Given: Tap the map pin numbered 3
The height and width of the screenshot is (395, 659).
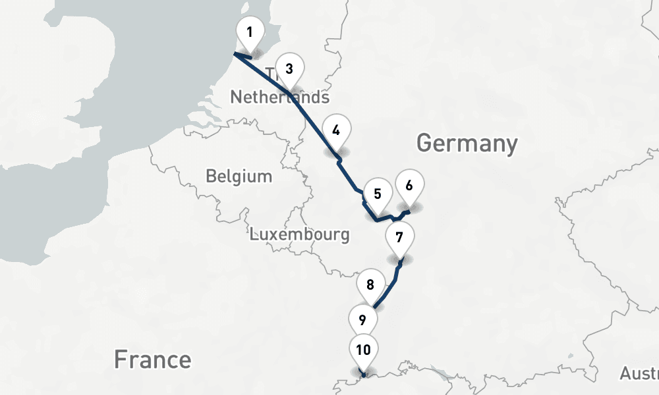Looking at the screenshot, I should point(289,70).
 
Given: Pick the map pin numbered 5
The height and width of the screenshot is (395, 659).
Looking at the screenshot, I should point(378,196).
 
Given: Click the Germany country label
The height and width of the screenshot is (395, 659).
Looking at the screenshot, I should point(467,143).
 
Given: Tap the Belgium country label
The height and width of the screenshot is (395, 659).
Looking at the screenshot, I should point(239,176).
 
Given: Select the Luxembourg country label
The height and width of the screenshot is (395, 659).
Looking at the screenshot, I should point(299,234).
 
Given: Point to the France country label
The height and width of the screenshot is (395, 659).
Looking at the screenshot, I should point(152,359).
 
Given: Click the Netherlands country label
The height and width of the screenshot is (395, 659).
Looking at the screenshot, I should point(279,98).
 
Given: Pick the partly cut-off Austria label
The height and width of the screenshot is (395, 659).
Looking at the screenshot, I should point(639,373).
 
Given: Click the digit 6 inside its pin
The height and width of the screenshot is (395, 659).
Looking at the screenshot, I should point(409,185).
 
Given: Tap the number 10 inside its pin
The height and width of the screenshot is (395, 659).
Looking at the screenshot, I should point(363,349).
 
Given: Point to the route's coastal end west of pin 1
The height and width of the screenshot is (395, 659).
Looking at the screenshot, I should point(235,55).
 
